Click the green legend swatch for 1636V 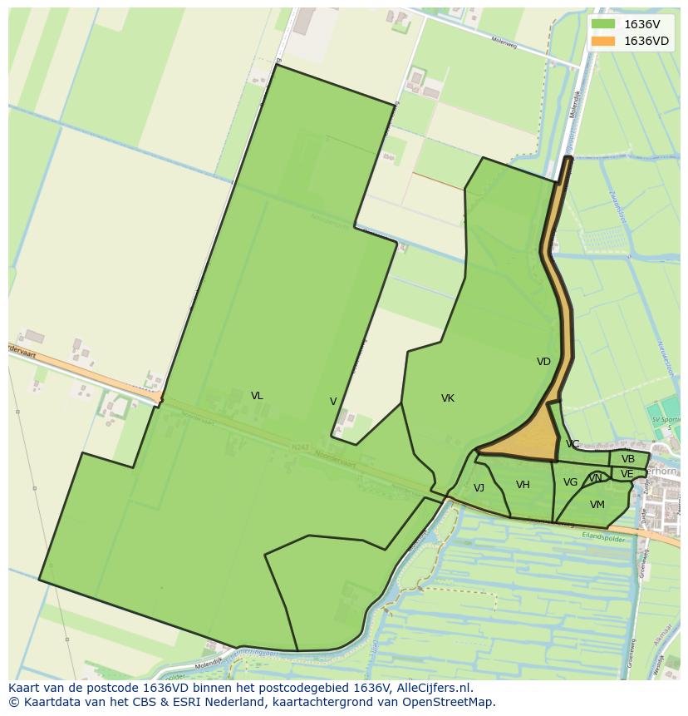[603, 24]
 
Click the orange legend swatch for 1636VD [603, 41]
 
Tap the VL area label [257, 396]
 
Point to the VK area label [448, 398]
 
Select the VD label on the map [543, 362]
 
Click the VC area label [573, 444]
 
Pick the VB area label [628, 459]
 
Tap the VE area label [627, 474]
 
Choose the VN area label [596, 478]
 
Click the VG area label [570, 482]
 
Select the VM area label [597, 505]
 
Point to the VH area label [523, 485]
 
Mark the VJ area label [479, 488]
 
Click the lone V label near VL [333, 402]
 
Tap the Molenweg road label [504, 43]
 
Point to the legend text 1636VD [646, 41]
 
